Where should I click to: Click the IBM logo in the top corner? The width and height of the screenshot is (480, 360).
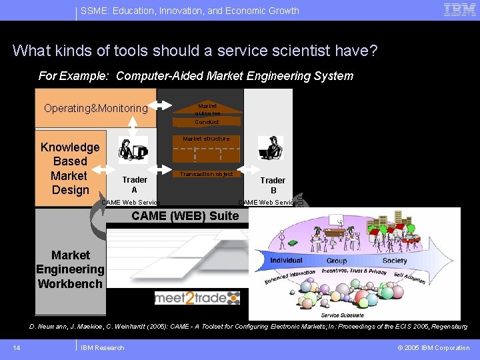pyautogui.click(x=459, y=10)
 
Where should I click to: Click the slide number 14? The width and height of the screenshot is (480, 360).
pyautogui.click(x=16, y=347)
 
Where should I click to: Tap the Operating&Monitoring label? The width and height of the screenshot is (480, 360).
pyautogui.click(x=95, y=108)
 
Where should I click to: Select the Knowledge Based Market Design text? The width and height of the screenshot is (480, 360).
pyautogui.click(x=70, y=169)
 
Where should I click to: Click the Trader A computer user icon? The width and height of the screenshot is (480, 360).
pyautogui.click(x=133, y=150)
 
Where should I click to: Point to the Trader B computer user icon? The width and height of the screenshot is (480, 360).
pyautogui.click(x=271, y=148)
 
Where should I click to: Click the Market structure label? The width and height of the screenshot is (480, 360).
pyautogui.click(x=206, y=139)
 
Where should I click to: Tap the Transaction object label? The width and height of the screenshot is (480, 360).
pyautogui.click(x=206, y=174)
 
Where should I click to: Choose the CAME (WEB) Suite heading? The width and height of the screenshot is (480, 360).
pyautogui.click(x=185, y=216)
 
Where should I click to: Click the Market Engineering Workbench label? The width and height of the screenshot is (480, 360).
pyautogui.click(x=70, y=269)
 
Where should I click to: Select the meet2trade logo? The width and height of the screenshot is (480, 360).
pyautogui.click(x=197, y=298)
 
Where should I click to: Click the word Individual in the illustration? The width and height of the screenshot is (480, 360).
pyautogui.click(x=286, y=260)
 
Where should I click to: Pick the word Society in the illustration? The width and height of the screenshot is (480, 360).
pyautogui.click(x=394, y=261)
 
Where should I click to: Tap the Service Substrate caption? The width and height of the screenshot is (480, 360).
pyautogui.click(x=342, y=315)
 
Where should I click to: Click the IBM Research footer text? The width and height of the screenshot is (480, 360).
pyautogui.click(x=102, y=347)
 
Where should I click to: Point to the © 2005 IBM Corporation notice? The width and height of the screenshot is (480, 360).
pyautogui.click(x=433, y=347)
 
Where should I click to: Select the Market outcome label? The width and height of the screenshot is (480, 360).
pyautogui.click(x=207, y=110)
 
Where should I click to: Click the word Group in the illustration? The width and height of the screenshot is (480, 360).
pyautogui.click(x=336, y=261)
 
